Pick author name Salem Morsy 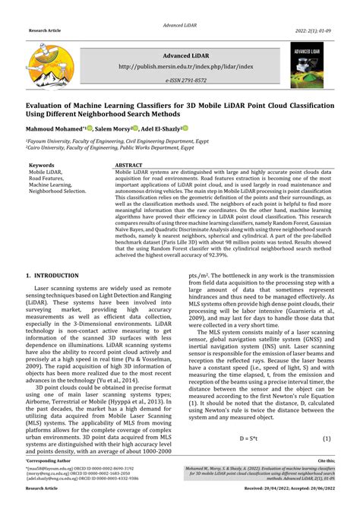[112, 129]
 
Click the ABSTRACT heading [129, 165]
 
